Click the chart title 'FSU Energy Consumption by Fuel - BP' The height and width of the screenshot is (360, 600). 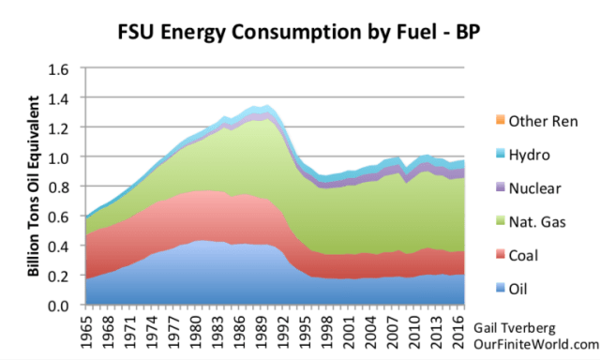coord(298,32)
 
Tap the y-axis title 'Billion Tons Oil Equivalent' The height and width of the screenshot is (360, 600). coord(34,186)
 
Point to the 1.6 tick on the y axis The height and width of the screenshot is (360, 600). coord(58,69)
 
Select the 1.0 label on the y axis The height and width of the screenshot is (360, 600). coord(58,157)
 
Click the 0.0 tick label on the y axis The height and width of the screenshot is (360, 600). coord(58,306)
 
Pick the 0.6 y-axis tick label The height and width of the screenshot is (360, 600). coord(58,217)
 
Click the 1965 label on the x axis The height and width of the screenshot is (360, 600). coord(87,332)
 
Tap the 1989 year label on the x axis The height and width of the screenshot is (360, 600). coord(262,332)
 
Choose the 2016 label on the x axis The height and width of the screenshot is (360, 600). coord(458,332)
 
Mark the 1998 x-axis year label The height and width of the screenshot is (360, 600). coord(327,332)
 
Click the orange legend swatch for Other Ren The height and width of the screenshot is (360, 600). coord(500,120)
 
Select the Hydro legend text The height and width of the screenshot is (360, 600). coord(529,155)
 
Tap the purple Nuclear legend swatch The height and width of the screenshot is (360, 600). coord(500,187)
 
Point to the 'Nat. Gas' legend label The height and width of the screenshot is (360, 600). coord(537,222)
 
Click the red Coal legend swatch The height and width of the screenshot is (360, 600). coord(500,254)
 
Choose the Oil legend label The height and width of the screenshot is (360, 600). coord(517,289)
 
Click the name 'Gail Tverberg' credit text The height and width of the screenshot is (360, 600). coord(515,328)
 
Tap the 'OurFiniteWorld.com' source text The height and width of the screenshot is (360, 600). coord(536,344)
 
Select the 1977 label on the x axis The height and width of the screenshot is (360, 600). coord(174,332)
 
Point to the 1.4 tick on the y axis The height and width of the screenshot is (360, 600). coord(58,98)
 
